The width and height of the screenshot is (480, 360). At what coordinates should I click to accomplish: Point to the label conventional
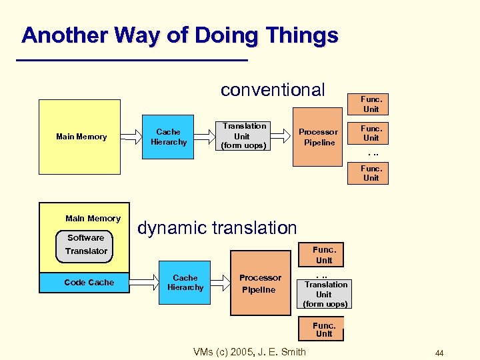273,89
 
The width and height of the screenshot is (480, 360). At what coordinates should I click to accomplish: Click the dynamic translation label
217,228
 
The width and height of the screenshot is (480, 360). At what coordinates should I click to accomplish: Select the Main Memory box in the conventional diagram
80,137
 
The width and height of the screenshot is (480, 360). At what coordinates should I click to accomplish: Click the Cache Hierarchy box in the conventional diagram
169,137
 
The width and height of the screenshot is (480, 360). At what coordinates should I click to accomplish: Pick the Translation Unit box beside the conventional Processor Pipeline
243,135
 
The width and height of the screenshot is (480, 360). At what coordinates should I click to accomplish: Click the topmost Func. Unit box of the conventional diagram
371,104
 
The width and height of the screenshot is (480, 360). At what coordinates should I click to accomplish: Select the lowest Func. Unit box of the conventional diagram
371,173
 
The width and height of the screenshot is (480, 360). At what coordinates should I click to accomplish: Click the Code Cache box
89,283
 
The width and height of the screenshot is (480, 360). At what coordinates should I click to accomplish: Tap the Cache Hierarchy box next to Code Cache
185,283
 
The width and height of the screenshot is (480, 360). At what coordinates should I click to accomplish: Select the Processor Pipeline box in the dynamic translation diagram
260,283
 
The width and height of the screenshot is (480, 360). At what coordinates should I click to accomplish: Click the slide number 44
439,353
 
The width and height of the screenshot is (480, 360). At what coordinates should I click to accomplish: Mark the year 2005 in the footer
243,352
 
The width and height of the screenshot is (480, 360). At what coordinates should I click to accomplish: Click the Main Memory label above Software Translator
93,219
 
